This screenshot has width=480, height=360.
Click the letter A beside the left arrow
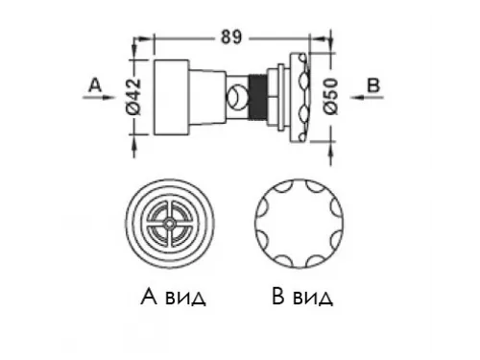[x=93, y=84]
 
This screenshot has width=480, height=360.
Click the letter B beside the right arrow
[x=372, y=84]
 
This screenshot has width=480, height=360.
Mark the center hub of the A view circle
[x=169, y=220]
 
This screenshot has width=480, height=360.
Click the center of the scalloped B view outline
[x=294, y=220]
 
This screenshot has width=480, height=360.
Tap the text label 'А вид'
[x=170, y=297]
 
